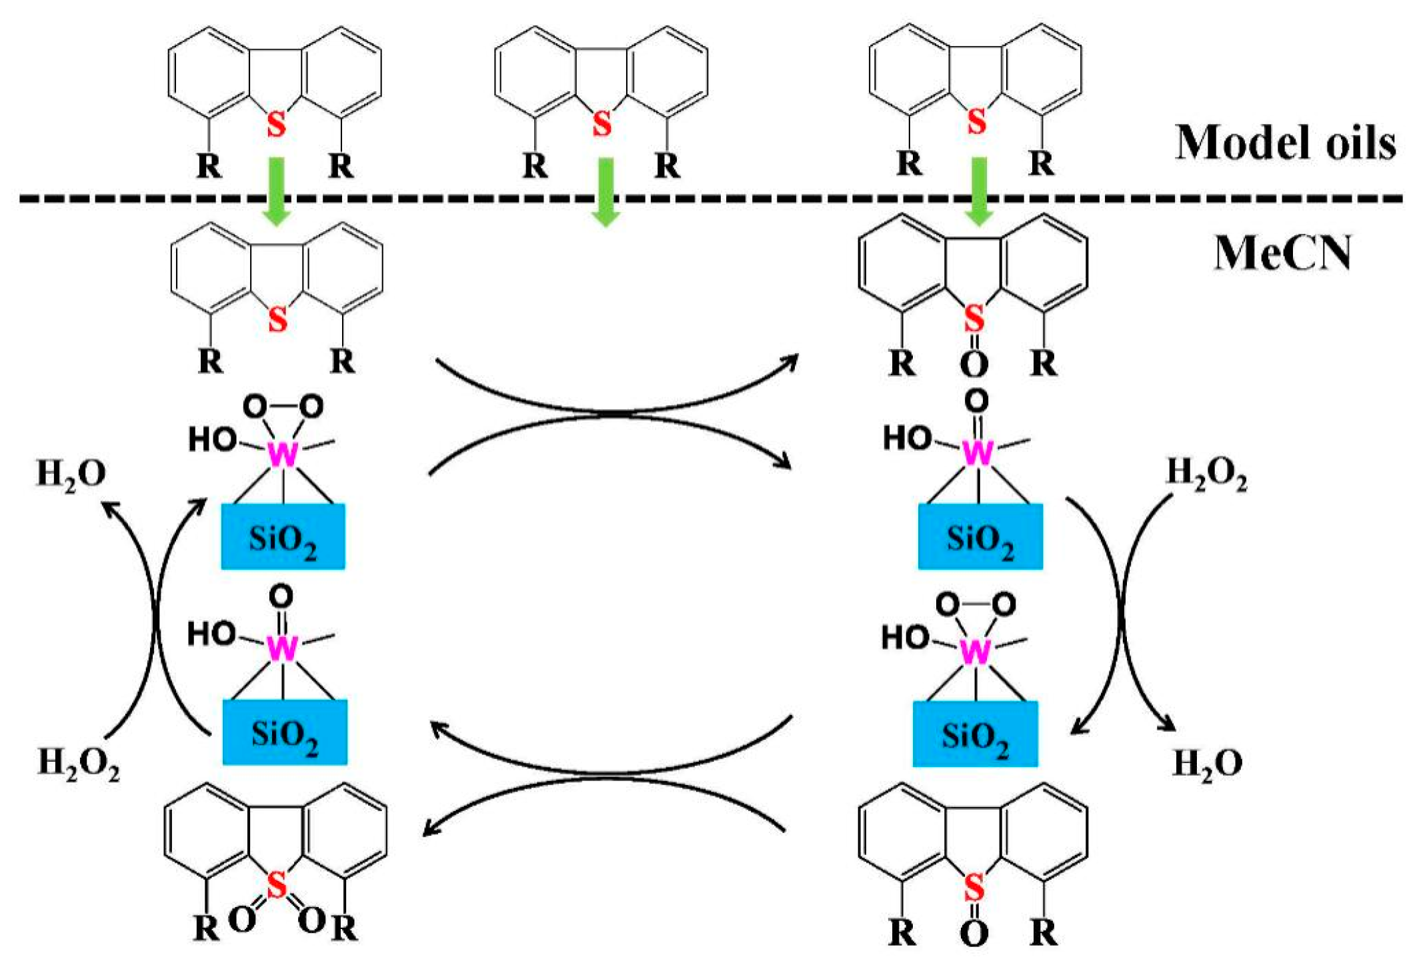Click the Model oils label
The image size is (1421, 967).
(1284, 143)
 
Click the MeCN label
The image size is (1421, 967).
(1282, 253)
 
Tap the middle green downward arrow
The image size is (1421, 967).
(605, 192)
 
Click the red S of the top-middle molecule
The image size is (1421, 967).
(601, 123)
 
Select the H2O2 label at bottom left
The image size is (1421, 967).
(79, 763)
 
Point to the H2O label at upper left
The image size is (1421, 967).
(71, 474)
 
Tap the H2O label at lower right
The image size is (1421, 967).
(1207, 763)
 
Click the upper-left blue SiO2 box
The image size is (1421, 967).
(283, 536)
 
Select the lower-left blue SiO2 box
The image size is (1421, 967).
(285, 732)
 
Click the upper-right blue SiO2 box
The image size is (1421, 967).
(980, 536)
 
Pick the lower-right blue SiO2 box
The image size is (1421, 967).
(974, 734)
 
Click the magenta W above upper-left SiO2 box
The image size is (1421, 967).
(283, 455)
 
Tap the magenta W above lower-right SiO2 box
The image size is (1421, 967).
(975, 652)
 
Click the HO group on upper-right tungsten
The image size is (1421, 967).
(907, 439)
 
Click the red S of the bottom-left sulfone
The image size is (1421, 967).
(276, 885)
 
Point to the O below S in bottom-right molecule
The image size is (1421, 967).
(974, 934)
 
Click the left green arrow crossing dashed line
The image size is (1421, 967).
(275, 192)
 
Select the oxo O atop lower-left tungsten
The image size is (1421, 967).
(281, 595)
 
